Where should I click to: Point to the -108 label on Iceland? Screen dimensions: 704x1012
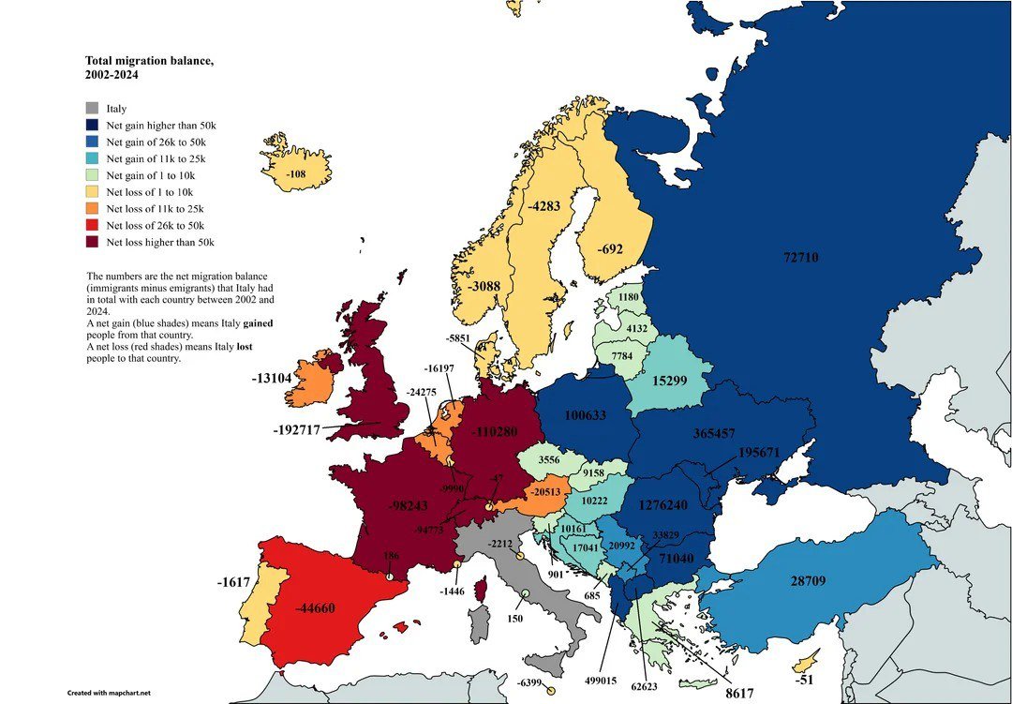[x=296, y=174]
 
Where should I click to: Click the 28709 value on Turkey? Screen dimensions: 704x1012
[x=807, y=581]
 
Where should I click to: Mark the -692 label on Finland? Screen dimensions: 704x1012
[x=610, y=250]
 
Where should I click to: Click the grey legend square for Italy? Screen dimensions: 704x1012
[x=92, y=109]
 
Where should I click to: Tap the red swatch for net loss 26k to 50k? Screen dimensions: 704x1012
[x=92, y=226]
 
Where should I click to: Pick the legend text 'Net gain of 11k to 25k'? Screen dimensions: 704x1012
[x=156, y=159]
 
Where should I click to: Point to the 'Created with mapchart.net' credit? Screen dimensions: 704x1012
[x=108, y=693]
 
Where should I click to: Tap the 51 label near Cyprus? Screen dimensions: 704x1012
[x=807, y=680]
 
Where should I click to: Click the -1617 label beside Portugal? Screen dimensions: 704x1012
[x=233, y=582]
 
